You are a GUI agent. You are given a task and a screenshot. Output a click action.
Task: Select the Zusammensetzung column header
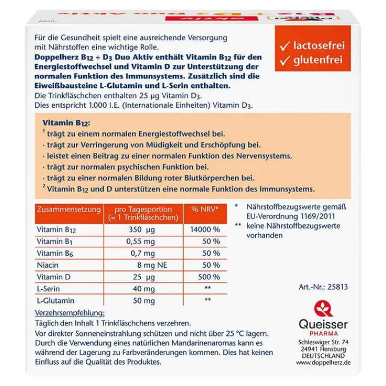[69, 209]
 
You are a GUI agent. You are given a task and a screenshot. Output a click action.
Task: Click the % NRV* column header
[205, 209]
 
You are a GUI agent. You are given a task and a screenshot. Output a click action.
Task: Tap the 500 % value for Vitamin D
[209, 277]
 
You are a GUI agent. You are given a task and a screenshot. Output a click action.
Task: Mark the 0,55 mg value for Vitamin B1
[141, 242]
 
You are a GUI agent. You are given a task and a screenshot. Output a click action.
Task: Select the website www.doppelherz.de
[323, 362]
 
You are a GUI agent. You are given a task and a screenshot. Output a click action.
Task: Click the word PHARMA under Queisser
[323, 333]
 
